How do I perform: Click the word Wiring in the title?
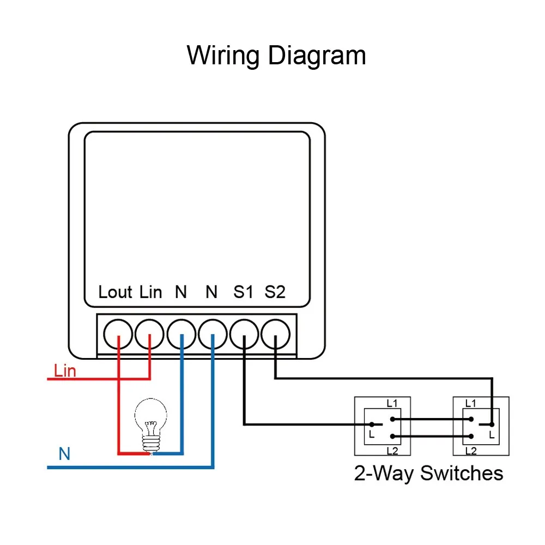pos(223,56)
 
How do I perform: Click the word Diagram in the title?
pos(317,55)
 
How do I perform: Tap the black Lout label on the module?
pos(115,292)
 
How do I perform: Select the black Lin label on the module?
pos(151,292)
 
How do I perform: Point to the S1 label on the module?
pos(243,292)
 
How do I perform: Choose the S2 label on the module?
pos(275,292)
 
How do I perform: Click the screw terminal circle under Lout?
pos(118,334)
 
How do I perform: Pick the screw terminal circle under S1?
pos(244,334)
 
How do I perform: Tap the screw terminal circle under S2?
pos(275,334)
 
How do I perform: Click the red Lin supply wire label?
pos(65,371)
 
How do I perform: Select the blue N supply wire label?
pos(64,453)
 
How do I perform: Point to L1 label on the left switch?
pos(392,403)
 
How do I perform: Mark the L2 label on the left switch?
pos(392,451)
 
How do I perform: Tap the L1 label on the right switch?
pos(471,403)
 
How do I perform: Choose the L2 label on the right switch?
pos(471,451)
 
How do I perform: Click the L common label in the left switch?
pos(372,434)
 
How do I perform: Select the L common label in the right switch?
pos(492,434)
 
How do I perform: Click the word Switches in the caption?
pos(462,473)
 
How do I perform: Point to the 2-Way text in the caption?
pos(383,474)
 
